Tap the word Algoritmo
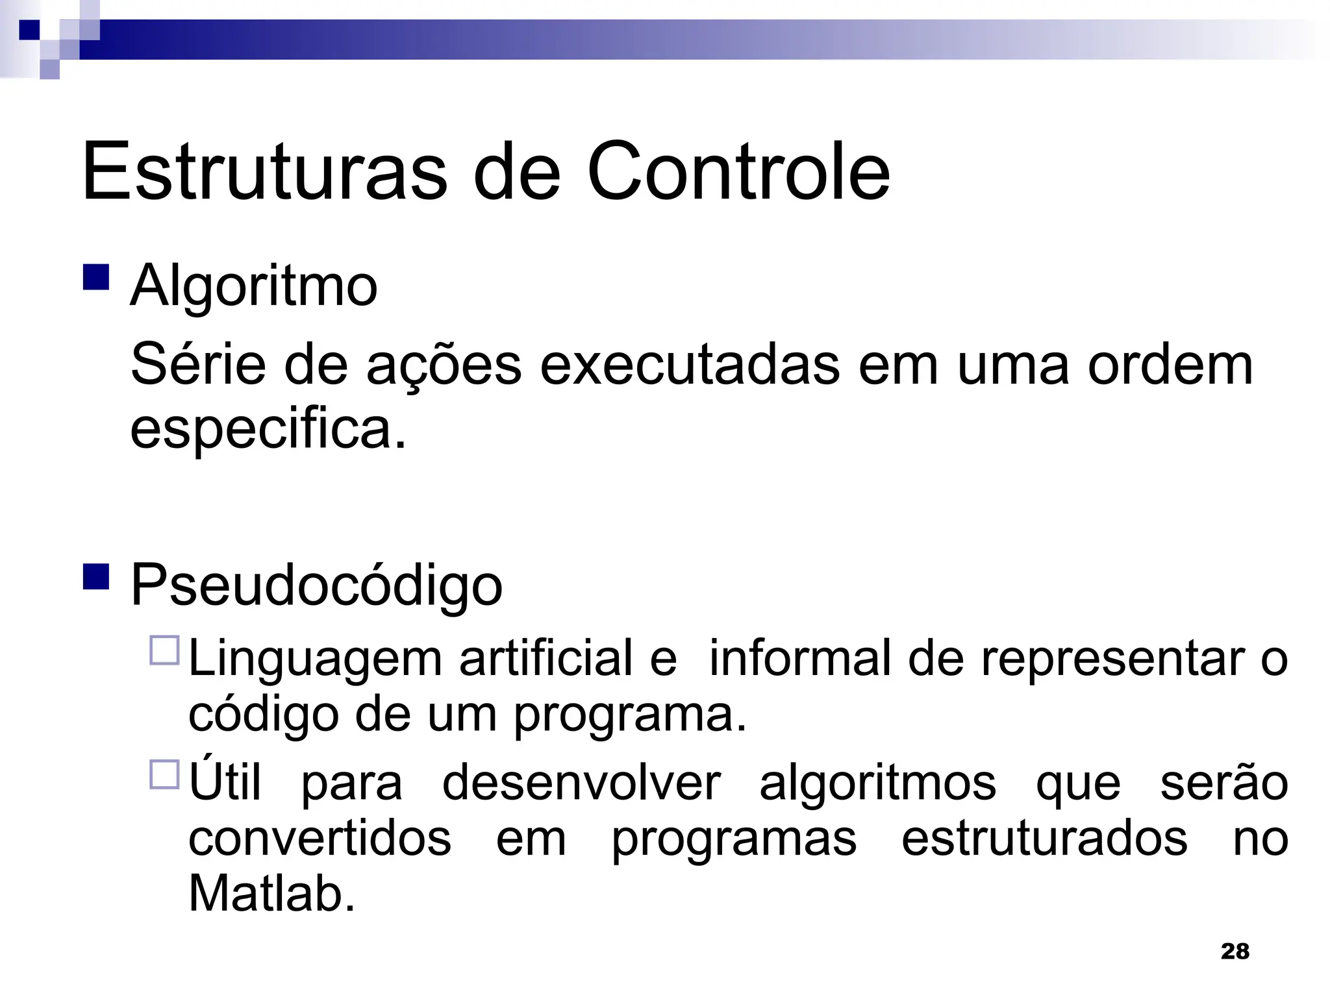click(x=253, y=286)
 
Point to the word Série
click(x=198, y=365)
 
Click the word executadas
click(x=690, y=365)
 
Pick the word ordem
click(x=1170, y=365)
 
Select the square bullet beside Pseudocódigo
click(x=96, y=576)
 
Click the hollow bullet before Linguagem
click(x=164, y=650)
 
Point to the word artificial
click(x=546, y=659)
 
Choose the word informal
click(x=800, y=659)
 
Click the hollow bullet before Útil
click(x=164, y=774)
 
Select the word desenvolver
click(x=581, y=783)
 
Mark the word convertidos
click(x=320, y=839)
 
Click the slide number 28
click(x=1235, y=952)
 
